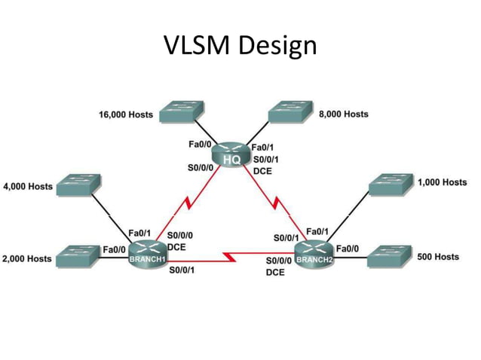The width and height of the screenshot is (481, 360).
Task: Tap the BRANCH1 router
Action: tap(147, 254)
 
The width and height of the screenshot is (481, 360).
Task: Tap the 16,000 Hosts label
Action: tap(126, 115)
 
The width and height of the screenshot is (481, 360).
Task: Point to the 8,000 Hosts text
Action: tap(344, 114)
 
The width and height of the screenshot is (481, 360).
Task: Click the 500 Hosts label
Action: tap(438, 257)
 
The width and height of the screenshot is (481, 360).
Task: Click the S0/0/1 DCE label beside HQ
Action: tap(265, 165)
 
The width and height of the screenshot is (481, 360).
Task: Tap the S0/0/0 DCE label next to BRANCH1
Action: tap(181, 240)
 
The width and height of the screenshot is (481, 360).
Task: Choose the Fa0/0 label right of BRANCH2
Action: tap(347, 248)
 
